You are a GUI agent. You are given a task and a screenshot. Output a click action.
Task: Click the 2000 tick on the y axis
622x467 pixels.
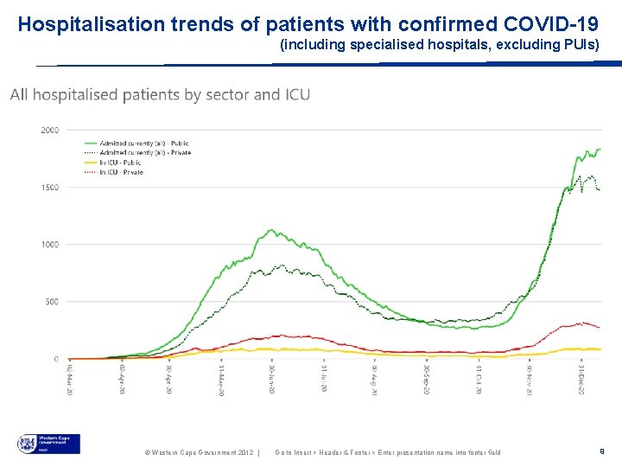(x=50, y=130)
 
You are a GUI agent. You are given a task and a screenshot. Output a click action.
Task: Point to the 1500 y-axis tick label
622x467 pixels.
(x=50, y=188)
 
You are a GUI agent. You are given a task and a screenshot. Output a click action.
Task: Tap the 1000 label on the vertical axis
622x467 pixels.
(x=50, y=245)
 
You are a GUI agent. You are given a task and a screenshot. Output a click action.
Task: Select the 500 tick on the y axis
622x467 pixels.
(x=52, y=302)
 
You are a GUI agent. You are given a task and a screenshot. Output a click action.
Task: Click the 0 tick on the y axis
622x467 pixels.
(x=56, y=359)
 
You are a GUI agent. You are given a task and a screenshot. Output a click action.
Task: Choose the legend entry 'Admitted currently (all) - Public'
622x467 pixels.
(x=144, y=144)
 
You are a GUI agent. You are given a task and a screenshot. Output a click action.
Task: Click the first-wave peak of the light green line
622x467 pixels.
(x=272, y=230)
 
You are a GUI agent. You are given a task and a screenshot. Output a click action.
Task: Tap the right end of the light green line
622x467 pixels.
(x=600, y=150)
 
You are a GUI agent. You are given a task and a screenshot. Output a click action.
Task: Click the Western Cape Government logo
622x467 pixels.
(x=48, y=444)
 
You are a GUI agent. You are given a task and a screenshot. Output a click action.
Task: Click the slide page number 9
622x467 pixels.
(x=601, y=451)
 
